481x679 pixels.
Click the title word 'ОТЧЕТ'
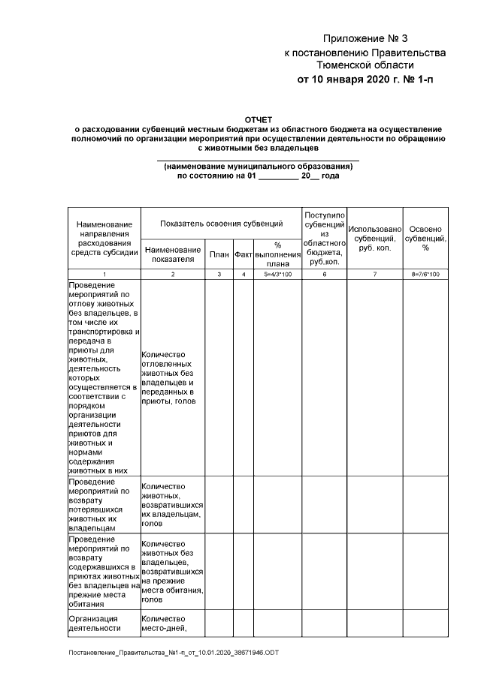[x=259, y=119]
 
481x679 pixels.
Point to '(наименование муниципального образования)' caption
[x=258, y=166]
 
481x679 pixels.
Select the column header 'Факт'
[x=243, y=255]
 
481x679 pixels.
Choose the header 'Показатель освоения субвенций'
[x=221, y=224]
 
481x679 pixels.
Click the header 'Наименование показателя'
[x=173, y=254]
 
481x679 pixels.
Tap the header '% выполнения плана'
[x=277, y=254]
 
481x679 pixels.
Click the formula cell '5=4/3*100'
[x=277, y=275]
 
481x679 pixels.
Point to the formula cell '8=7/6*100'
[x=425, y=275]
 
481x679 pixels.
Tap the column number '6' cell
[x=325, y=275]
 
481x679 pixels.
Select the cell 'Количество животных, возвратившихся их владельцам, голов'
[x=172, y=504]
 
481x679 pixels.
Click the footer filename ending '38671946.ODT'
[x=174, y=653]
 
